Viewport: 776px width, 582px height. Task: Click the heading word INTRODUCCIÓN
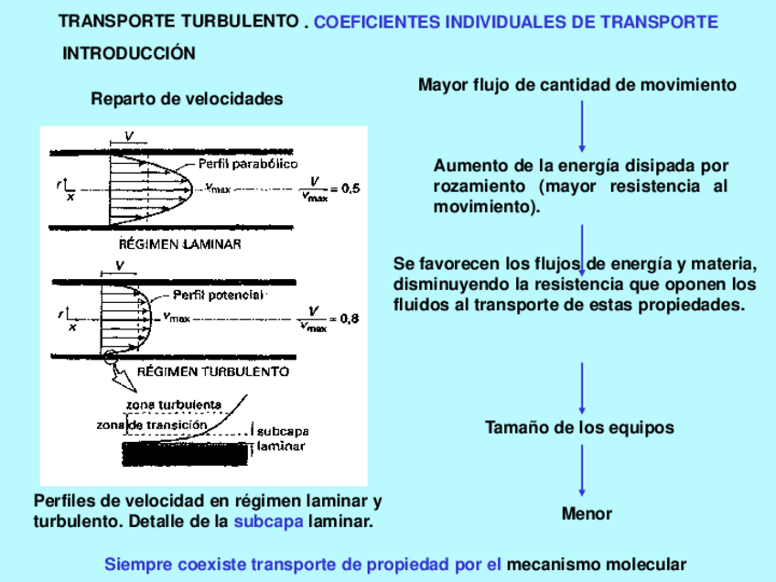click(129, 54)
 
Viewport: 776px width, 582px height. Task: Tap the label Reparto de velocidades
click(187, 99)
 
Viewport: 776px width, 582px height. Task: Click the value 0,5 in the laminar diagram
click(350, 189)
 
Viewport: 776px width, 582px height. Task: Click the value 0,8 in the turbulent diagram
click(350, 319)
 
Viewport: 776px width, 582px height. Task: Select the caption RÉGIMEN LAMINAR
click(180, 244)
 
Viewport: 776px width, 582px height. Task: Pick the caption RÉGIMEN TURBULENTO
click(213, 372)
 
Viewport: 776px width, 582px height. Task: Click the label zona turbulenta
click(173, 404)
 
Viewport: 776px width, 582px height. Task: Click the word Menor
click(587, 513)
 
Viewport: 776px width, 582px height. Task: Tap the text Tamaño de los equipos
click(579, 427)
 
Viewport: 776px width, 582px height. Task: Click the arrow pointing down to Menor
click(582, 470)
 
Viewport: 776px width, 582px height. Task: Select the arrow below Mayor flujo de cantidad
click(582, 126)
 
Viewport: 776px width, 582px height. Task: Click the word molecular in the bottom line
click(641, 565)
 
